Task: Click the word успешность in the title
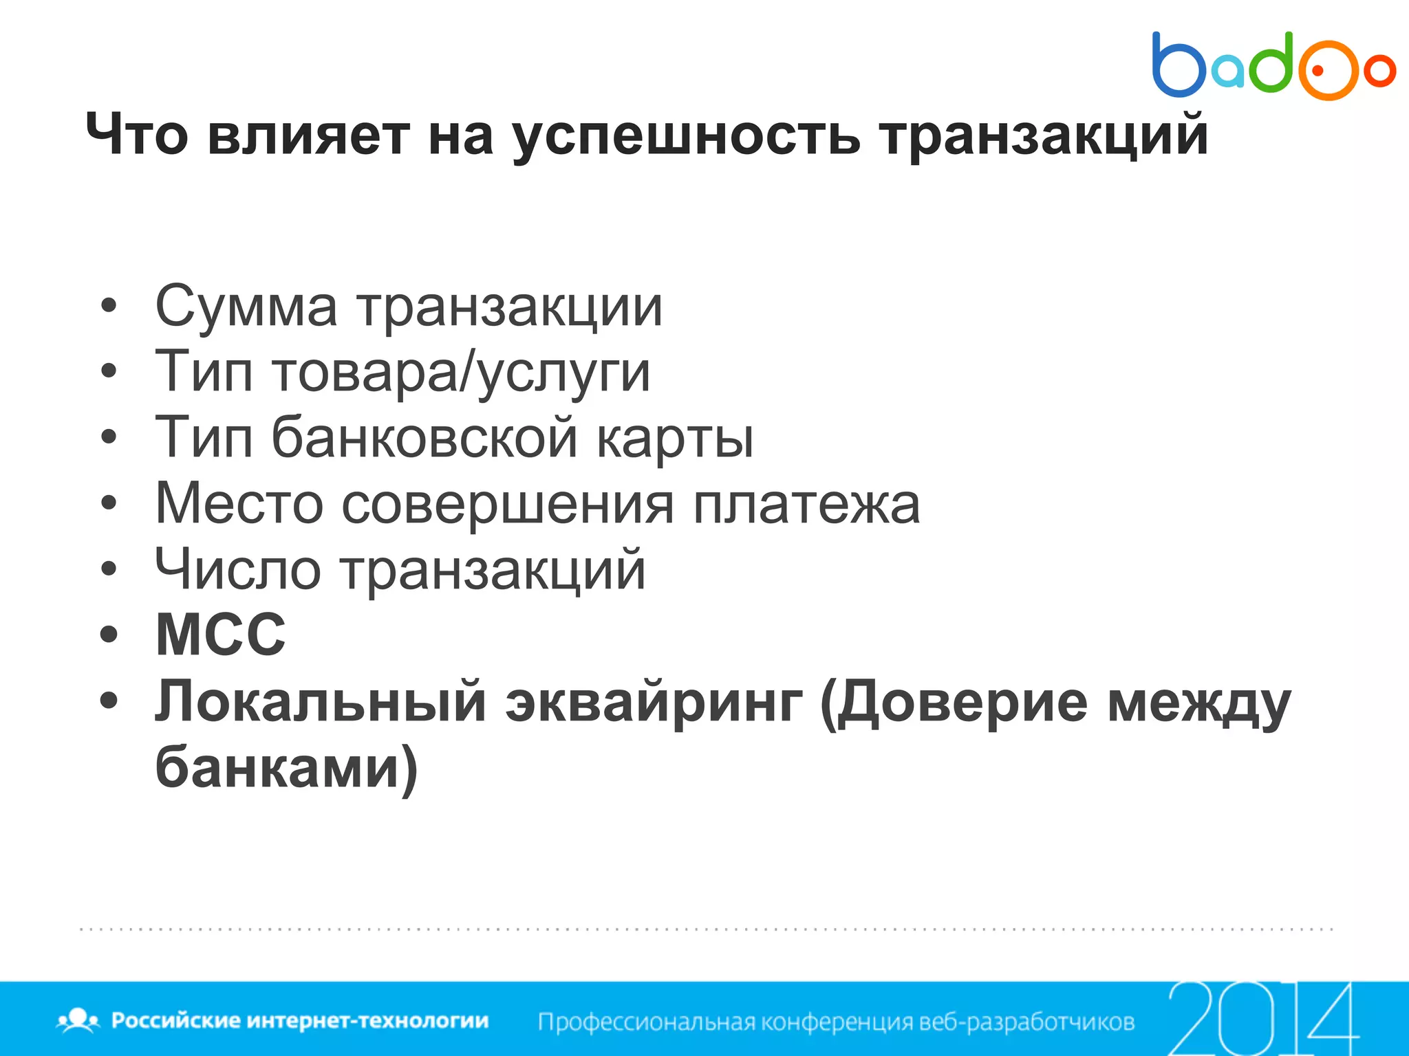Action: tap(685, 136)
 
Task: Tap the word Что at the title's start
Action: tap(137, 135)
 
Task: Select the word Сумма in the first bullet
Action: tap(246, 307)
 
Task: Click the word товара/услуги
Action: tap(461, 373)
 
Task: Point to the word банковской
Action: tap(424, 438)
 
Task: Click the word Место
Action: tap(239, 504)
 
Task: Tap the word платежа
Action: tap(806, 504)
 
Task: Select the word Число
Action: tap(237, 569)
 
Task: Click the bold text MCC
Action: tap(220, 635)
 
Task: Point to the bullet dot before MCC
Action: tap(109, 635)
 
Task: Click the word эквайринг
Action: tap(654, 702)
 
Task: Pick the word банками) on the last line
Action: tap(286, 767)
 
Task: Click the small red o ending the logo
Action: tap(1379, 70)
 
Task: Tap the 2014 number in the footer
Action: tap(1262, 1018)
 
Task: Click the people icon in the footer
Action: tap(78, 1020)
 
